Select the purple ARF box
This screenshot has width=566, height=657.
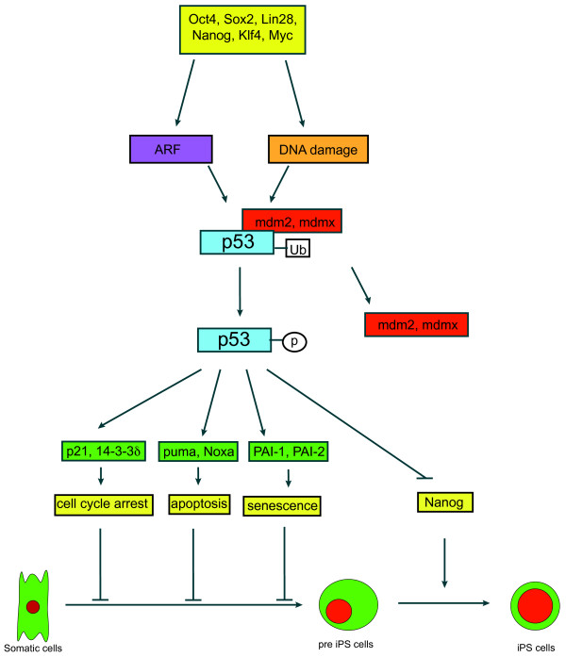(x=171, y=148)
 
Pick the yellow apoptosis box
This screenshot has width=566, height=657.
(x=198, y=504)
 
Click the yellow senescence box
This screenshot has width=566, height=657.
(x=281, y=507)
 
